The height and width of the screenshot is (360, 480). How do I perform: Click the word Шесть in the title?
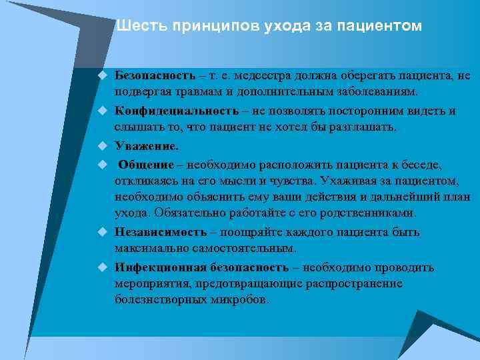141,26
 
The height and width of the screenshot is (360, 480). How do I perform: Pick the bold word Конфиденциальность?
176,111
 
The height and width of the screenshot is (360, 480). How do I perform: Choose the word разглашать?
363,127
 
